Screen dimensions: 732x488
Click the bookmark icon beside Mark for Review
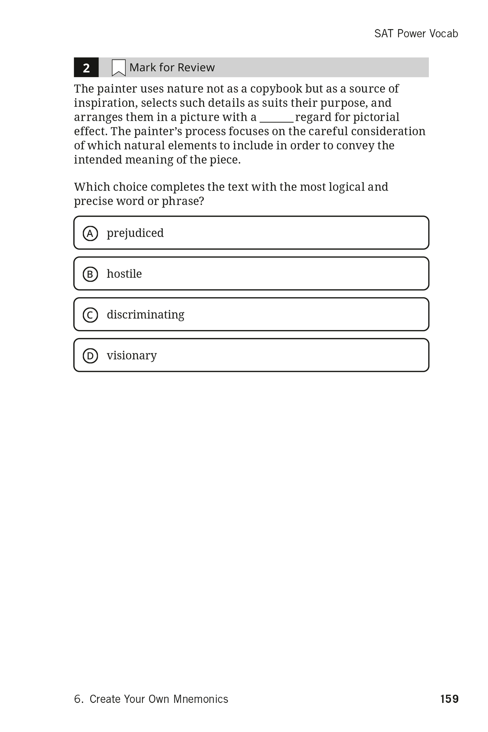coord(118,67)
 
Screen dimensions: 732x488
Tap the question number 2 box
coord(86,67)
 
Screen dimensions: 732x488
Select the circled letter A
coord(90,233)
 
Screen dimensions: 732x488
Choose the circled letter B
coord(90,274)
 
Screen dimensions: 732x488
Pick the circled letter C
coord(90,315)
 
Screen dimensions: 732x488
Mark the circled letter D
coord(90,356)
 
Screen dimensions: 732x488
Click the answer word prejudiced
coord(135,233)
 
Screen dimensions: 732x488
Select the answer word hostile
coord(124,274)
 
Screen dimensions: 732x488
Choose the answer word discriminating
coord(145,315)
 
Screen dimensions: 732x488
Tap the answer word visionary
coord(131,355)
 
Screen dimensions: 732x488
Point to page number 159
coord(449,699)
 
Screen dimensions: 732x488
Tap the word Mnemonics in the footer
coord(201,699)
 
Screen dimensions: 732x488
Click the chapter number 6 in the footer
coord(77,699)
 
